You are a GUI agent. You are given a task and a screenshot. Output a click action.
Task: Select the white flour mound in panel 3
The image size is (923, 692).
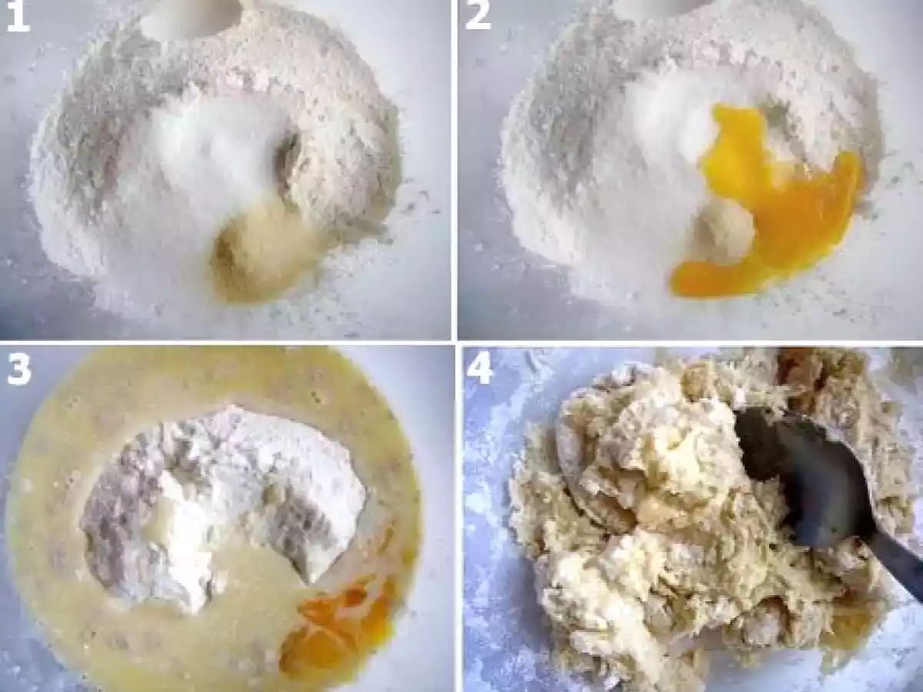point(223,504)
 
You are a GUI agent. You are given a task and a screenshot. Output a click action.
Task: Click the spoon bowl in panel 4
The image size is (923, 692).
point(799,467)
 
